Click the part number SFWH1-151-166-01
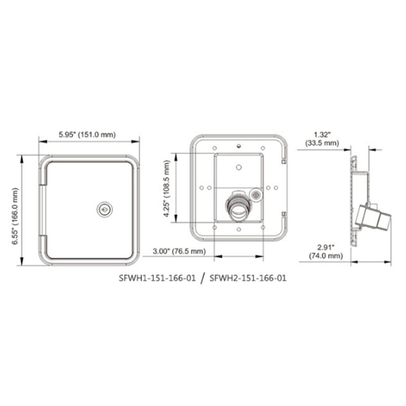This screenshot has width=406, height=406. point(157,278)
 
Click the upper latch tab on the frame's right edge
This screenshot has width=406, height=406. point(283,161)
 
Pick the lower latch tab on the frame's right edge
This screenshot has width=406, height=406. point(283,214)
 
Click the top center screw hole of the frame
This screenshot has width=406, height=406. point(238,146)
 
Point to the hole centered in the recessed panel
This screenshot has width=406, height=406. point(238,167)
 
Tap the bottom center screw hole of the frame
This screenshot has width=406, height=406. point(238,229)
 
